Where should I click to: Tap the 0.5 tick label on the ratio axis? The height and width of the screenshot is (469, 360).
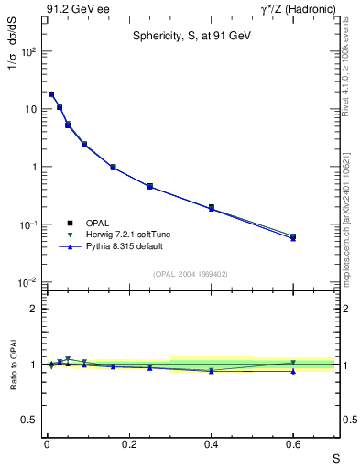click(30, 420)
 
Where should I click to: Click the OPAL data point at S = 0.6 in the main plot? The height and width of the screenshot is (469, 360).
click(293, 236)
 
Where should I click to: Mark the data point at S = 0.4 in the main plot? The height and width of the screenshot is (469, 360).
click(212, 208)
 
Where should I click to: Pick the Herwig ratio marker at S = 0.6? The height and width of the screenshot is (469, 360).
click(293, 364)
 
